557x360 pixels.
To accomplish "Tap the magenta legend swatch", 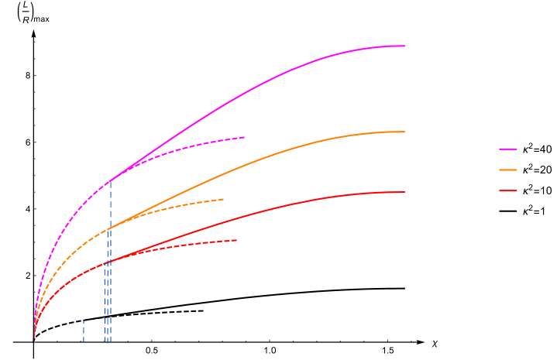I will [x=508, y=149].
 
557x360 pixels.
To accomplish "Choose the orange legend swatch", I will [x=508, y=170].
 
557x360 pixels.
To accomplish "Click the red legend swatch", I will [x=508, y=190].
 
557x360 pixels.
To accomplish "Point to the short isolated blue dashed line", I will [x=84, y=331].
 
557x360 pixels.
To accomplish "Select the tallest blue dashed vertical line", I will [x=110, y=263].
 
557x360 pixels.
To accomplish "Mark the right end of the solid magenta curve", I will [x=404, y=46].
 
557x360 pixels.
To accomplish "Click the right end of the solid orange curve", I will [x=404, y=132].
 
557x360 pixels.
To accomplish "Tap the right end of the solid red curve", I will [x=404, y=192].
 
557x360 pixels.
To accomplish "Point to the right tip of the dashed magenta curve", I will [x=244, y=137].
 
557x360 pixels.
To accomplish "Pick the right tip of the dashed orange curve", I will [x=223, y=200].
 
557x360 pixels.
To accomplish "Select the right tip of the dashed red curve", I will [x=236, y=240].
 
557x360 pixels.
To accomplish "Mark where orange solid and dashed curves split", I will [x=108, y=228].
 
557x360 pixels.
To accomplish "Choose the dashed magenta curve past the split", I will [x=194, y=146].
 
